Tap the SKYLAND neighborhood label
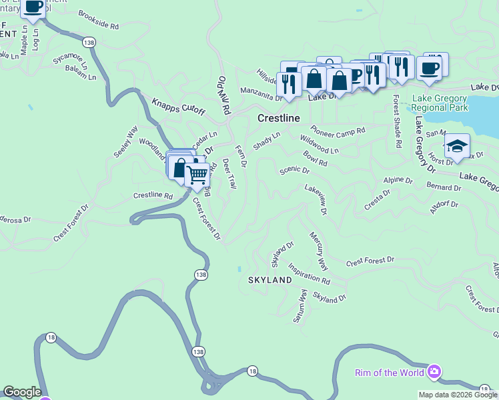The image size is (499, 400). coord(270,280)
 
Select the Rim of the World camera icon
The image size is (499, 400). coord(434,371)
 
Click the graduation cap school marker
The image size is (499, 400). coord(457,145)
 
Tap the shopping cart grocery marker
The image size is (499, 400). coord(197,175)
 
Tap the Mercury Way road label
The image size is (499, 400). coord(318,246)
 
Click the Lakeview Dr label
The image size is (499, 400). coord(316,199)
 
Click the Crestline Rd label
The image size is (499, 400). coord(153,196)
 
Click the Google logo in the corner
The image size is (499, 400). coord(22,392)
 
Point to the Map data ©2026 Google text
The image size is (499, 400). coord(458,395)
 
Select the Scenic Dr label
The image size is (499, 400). coord(294,171)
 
